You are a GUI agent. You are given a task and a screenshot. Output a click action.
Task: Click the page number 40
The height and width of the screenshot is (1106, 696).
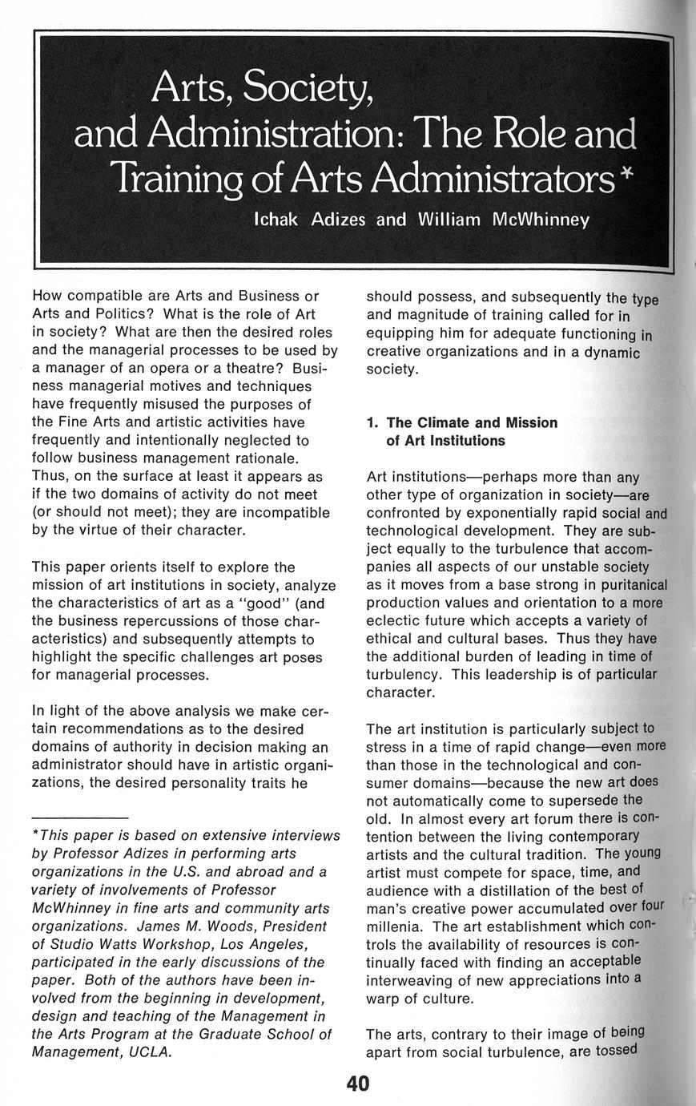pos(358,1084)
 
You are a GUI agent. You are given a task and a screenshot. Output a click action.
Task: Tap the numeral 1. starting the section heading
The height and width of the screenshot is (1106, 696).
pos(372,422)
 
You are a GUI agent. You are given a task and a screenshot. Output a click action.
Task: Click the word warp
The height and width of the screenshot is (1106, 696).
pos(384,998)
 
